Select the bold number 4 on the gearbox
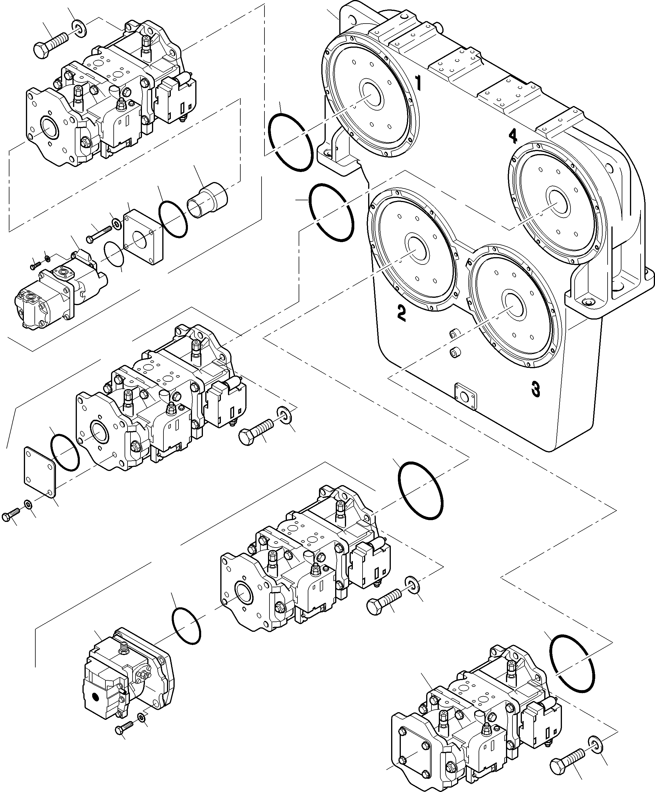coord(512,136)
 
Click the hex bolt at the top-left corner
coord(51,44)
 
